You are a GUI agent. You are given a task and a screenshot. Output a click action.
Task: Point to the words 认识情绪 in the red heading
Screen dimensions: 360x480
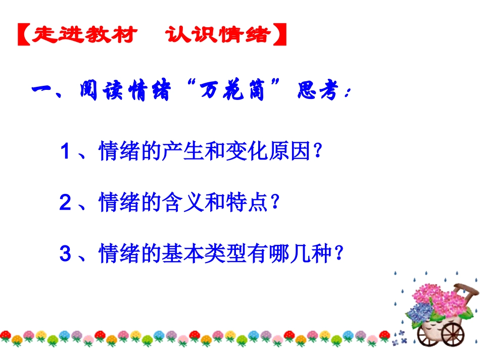coord(217,34)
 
